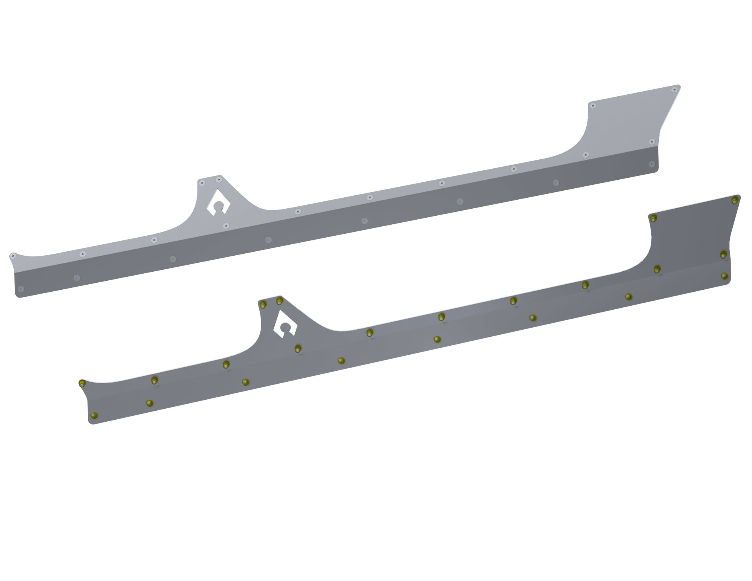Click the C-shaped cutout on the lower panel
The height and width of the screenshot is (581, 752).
(x=285, y=325)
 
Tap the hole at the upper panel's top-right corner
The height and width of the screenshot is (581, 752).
(x=674, y=90)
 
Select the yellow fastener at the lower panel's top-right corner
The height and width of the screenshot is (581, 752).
(x=734, y=201)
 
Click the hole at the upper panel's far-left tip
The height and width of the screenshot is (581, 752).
(x=13, y=256)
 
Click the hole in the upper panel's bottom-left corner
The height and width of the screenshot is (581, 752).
(x=21, y=289)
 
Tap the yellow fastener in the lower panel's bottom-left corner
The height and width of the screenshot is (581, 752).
(x=93, y=415)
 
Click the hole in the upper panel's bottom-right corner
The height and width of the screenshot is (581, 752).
(x=652, y=164)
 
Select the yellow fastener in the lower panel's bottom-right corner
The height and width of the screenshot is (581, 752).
(x=724, y=276)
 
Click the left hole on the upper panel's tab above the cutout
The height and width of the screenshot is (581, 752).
(x=202, y=183)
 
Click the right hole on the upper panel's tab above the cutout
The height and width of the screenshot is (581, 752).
(x=219, y=180)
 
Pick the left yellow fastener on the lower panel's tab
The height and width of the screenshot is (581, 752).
(x=263, y=305)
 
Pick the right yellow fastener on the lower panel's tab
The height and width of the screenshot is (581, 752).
(x=279, y=301)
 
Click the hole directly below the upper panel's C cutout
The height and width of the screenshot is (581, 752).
(x=226, y=226)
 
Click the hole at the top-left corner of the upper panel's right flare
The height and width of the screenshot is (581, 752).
(x=593, y=106)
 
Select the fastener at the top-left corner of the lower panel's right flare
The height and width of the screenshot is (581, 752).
(x=653, y=218)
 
